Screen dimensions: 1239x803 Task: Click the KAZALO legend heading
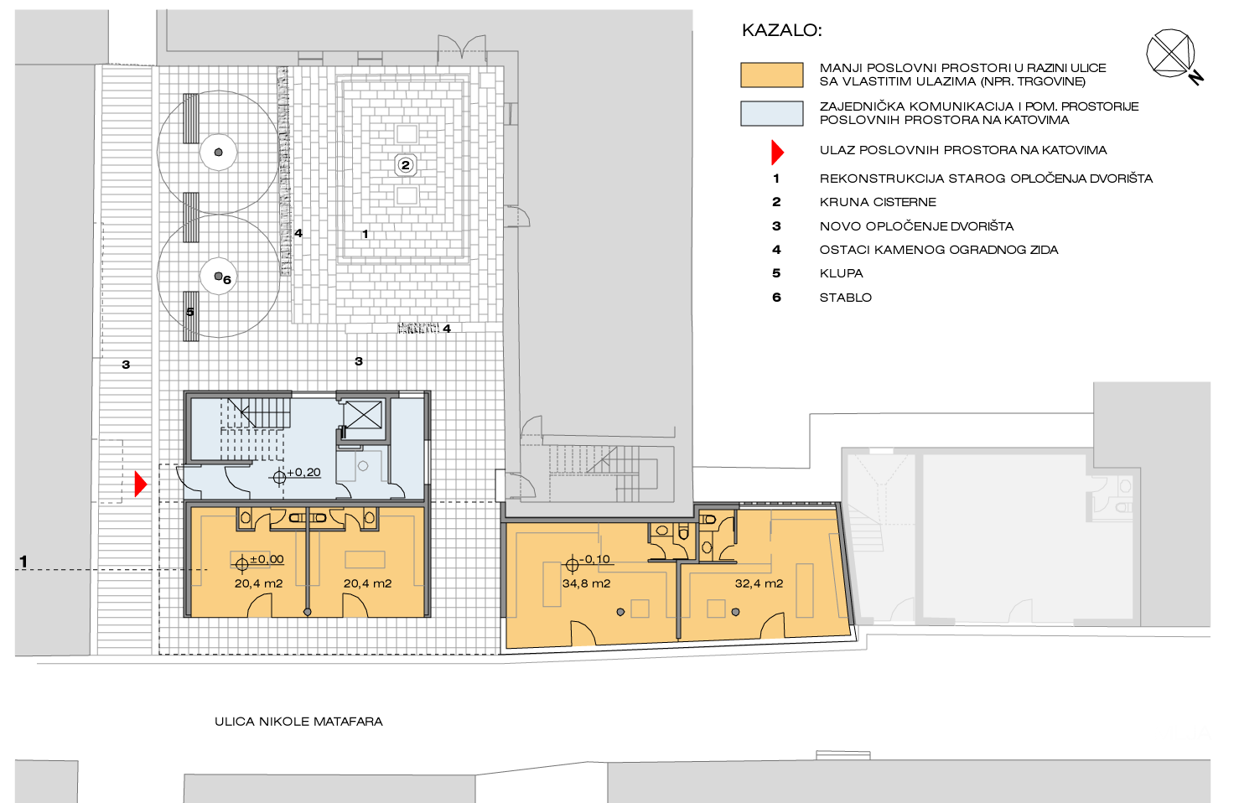[781, 30]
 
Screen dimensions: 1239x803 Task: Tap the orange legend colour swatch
[771, 75]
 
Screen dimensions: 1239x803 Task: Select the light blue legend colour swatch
[771, 113]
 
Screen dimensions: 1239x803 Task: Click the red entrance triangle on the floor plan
[141, 484]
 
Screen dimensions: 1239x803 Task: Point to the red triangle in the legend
[777, 152]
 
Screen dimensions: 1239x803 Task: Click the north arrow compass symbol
[1172, 54]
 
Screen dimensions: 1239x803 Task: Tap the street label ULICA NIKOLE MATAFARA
[298, 722]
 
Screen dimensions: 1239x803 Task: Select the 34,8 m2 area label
[586, 583]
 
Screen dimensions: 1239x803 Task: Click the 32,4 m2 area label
[759, 583]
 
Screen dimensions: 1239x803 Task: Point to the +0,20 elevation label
[303, 472]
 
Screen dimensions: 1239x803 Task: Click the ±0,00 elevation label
[267, 559]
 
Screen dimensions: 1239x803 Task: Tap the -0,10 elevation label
[594, 559]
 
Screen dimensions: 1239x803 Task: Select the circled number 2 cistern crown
[406, 165]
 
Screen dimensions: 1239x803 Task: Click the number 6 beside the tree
[227, 280]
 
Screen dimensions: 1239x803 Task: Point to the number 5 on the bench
[189, 312]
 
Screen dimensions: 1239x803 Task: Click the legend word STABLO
[846, 298]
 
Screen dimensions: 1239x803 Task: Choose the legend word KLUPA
[842, 273]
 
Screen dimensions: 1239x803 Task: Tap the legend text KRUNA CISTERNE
[878, 202]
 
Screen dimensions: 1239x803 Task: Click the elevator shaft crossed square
[363, 415]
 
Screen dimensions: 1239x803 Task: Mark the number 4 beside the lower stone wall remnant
[447, 329]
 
